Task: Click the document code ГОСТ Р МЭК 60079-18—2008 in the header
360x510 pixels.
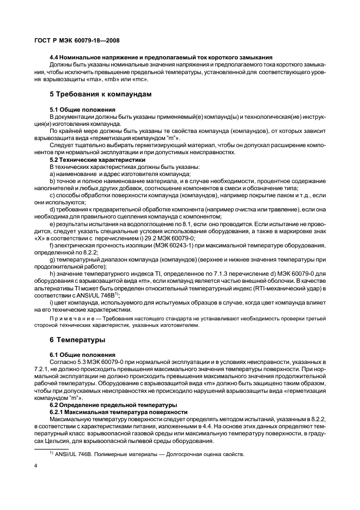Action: point(78,40)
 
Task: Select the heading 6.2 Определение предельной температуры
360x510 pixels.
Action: point(113,405)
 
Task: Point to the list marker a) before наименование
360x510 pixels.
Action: point(52,173)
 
